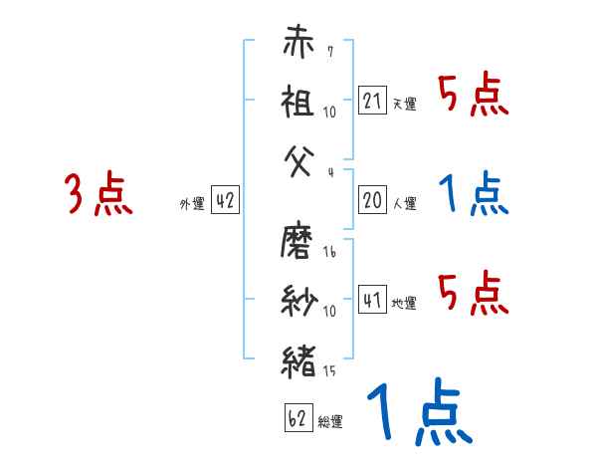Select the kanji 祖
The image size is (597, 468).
click(298, 102)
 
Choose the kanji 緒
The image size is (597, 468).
click(298, 356)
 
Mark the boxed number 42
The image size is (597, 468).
click(225, 201)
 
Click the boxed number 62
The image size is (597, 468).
click(297, 419)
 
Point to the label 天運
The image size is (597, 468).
click(404, 104)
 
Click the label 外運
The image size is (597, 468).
click(192, 204)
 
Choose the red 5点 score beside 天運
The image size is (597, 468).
click(474, 97)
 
